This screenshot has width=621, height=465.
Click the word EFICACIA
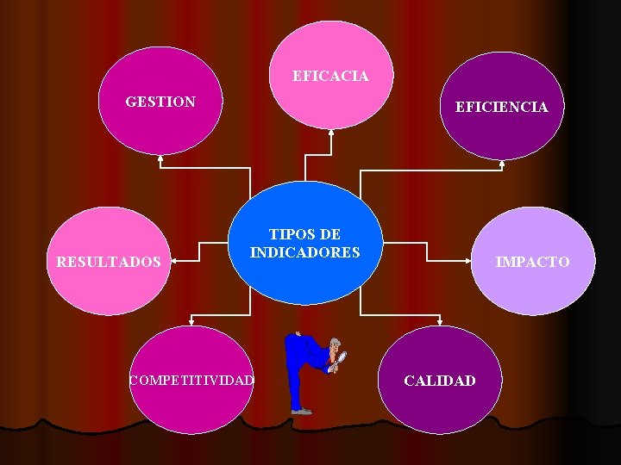tap(330, 76)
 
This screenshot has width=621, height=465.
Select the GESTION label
tap(160, 102)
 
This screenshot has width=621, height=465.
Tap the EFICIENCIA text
tap(501, 107)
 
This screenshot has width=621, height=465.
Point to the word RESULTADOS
tap(108, 261)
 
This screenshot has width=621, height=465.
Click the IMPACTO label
tap(532, 262)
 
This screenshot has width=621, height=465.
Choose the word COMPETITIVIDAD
tap(191, 380)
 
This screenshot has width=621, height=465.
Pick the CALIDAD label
tap(440, 381)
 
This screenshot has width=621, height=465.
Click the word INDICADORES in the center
tap(304, 252)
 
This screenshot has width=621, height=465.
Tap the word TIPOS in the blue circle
tap(285, 234)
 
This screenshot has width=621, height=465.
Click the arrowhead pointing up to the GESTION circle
tap(160, 158)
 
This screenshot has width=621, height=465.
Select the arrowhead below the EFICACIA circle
tap(331, 133)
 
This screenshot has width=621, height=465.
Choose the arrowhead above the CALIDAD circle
tap(440, 323)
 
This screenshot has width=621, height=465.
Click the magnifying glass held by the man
tap(342, 356)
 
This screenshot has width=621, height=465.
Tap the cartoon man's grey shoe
tap(301, 412)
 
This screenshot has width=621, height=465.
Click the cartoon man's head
tap(333, 344)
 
